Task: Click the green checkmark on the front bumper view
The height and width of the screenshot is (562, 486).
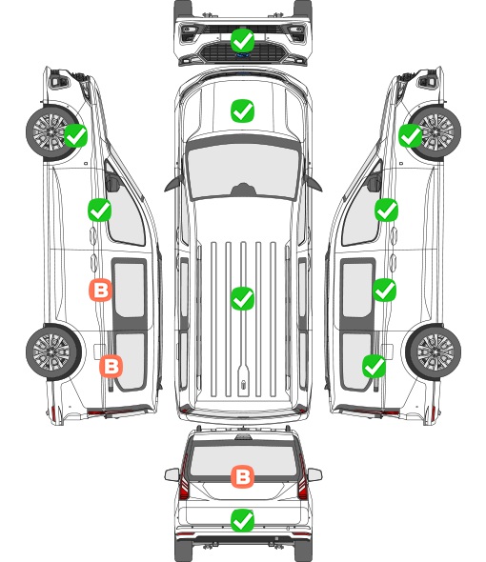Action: click(x=242, y=40)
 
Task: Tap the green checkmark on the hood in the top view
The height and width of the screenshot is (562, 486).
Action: click(x=242, y=110)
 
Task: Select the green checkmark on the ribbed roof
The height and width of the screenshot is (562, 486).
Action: click(x=242, y=298)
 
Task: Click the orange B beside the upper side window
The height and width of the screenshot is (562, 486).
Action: click(x=100, y=290)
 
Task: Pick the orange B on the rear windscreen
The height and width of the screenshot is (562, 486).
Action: click(x=242, y=476)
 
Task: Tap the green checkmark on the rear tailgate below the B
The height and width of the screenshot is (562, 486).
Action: click(x=242, y=520)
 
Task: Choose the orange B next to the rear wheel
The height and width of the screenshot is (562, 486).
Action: click(x=111, y=366)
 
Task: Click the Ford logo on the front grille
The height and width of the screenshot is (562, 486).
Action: click(x=242, y=55)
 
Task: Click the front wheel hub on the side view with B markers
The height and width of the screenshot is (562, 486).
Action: click(x=50, y=131)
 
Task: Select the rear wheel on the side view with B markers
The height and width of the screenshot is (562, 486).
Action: click(x=53, y=352)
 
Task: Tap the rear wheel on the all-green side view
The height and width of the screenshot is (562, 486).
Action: click(x=434, y=352)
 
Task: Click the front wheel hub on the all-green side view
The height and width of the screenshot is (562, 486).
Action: click(x=436, y=131)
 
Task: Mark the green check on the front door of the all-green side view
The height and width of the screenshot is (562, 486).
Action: click(x=386, y=210)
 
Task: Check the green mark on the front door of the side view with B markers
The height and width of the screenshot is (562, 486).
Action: click(x=99, y=210)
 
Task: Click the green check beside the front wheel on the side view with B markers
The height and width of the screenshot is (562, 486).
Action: click(x=75, y=135)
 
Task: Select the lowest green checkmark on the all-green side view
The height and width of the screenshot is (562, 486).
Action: click(x=375, y=366)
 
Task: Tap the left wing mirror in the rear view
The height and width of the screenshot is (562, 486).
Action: click(x=172, y=475)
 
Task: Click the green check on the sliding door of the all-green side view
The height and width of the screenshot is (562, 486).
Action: click(x=384, y=290)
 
